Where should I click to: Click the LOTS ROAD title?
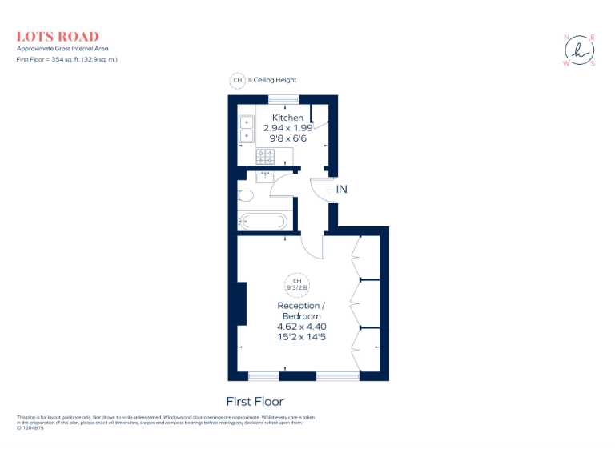58,37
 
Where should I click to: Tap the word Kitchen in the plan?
287,118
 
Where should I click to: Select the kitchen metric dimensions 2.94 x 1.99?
287,127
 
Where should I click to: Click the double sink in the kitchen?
246,129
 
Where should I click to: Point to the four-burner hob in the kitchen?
265,155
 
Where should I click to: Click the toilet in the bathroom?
245,195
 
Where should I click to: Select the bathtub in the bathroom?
263,222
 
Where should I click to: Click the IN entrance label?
341,190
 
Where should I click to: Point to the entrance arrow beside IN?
329,190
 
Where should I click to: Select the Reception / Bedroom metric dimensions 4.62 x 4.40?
301,327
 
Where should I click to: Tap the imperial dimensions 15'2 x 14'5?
301,337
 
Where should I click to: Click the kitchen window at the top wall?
283,98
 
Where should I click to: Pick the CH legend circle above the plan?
237,80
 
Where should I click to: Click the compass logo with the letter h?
580,50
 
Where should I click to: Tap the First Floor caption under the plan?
255,401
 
